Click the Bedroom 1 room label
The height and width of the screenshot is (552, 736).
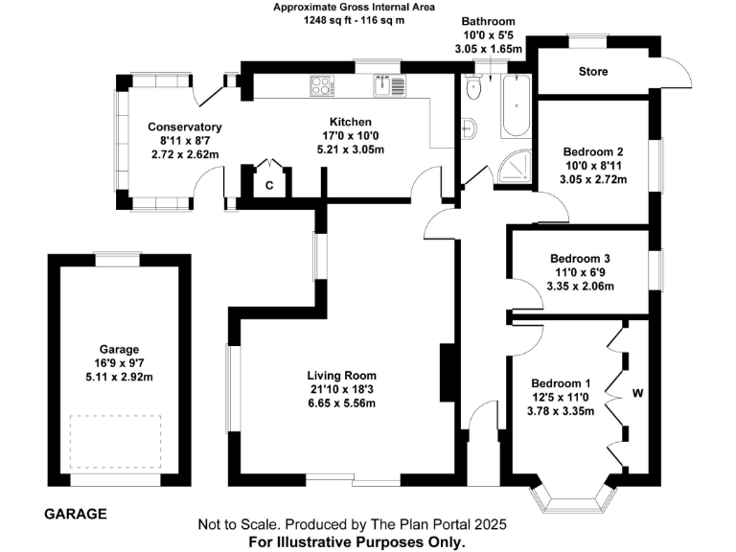click(561, 383)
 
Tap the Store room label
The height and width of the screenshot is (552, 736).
click(593, 72)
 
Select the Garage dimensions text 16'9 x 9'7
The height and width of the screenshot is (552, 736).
click(119, 362)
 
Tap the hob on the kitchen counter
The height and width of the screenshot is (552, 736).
click(321, 85)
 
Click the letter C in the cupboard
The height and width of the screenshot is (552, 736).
click(269, 184)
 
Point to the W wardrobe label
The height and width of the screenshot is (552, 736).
click(635, 392)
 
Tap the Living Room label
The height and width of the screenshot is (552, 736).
click(341, 375)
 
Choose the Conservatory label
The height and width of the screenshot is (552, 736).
click(185, 127)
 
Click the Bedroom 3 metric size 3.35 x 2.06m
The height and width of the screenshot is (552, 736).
click(580, 286)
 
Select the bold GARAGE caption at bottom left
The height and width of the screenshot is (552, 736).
click(76, 514)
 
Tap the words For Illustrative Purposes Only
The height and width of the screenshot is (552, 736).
click(357, 541)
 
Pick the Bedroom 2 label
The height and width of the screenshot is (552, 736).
click(593, 152)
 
